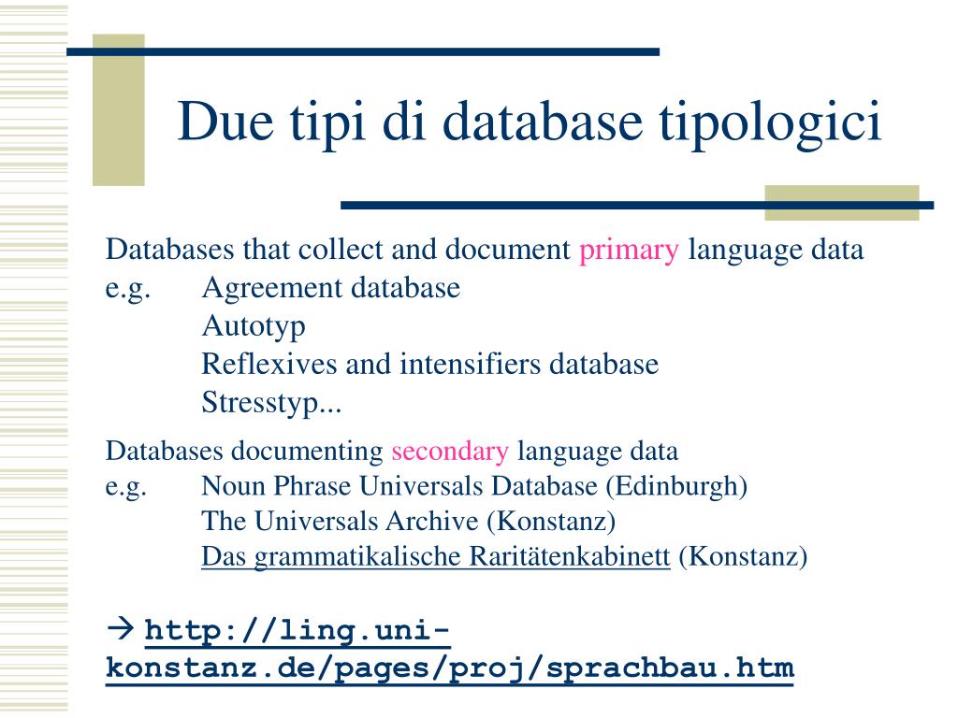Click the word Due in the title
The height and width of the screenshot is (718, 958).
(225, 122)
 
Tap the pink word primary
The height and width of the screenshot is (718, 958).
(629, 251)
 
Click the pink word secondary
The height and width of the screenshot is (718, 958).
(450, 452)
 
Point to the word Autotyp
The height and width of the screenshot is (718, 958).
(254, 326)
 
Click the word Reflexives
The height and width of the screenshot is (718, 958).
(269, 364)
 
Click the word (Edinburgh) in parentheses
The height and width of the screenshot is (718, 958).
(676, 486)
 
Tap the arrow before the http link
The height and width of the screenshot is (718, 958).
(121, 628)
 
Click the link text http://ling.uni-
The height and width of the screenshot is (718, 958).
(298, 631)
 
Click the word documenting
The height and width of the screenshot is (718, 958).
(307, 452)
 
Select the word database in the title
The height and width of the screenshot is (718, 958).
(543, 122)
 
